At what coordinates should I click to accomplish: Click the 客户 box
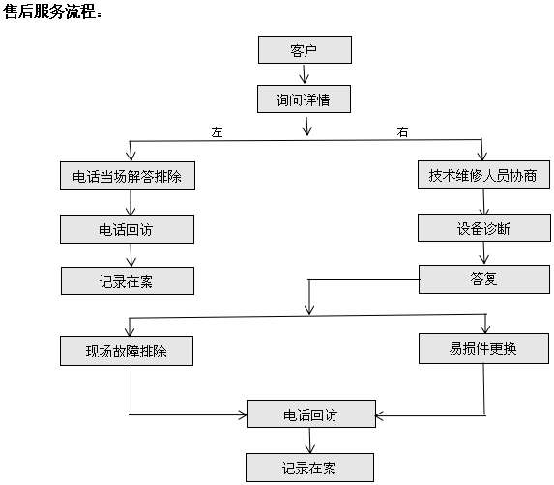click(305, 50)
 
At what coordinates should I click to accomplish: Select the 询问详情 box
click(304, 100)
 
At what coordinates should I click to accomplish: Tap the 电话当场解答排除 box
click(128, 176)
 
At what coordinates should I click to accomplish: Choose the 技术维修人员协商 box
click(483, 175)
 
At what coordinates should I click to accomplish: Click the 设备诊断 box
click(484, 228)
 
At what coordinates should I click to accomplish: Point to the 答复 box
click(484, 279)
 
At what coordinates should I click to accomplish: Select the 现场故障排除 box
click(127, 352)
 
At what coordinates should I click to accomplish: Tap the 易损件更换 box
click(483, 349)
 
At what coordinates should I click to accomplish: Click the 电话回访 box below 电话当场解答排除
click(128, 230)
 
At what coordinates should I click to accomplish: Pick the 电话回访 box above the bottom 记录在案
click(311, 414)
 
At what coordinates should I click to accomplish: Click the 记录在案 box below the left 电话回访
click(128, 280)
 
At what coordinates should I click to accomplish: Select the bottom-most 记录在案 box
click(309, 468)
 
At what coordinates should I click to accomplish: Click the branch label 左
click(217, 132)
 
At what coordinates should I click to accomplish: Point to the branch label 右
click(402, 132)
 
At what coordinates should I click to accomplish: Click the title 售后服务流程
click(52, 11)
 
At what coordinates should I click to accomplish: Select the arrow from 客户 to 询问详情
click(305, 74)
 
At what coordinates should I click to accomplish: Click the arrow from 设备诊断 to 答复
click(484, 253)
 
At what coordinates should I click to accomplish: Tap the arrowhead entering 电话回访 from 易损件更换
click(379, 415)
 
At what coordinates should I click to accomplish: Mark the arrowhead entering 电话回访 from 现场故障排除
click(243, 414)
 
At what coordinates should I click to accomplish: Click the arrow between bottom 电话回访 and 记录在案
click(309, 441)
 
